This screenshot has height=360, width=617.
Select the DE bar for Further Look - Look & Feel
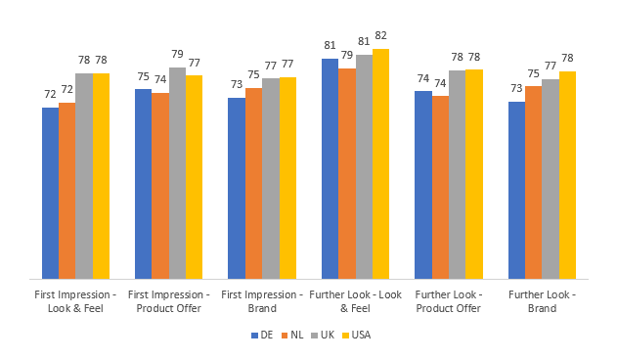[330, 168]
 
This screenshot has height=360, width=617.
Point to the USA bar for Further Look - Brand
[567, 175]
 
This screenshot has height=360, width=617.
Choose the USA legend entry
[355, 335]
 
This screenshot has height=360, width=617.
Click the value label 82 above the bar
[381, 36]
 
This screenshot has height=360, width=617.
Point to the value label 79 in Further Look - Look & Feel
[347, 55]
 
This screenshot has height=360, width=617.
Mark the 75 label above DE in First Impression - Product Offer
[143, 76]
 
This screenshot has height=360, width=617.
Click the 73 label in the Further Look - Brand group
[516, 89]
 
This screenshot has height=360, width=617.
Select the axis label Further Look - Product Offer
[449, 301]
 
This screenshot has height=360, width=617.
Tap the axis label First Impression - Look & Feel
[75, 301]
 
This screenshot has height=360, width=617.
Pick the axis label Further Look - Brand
[542, 301]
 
